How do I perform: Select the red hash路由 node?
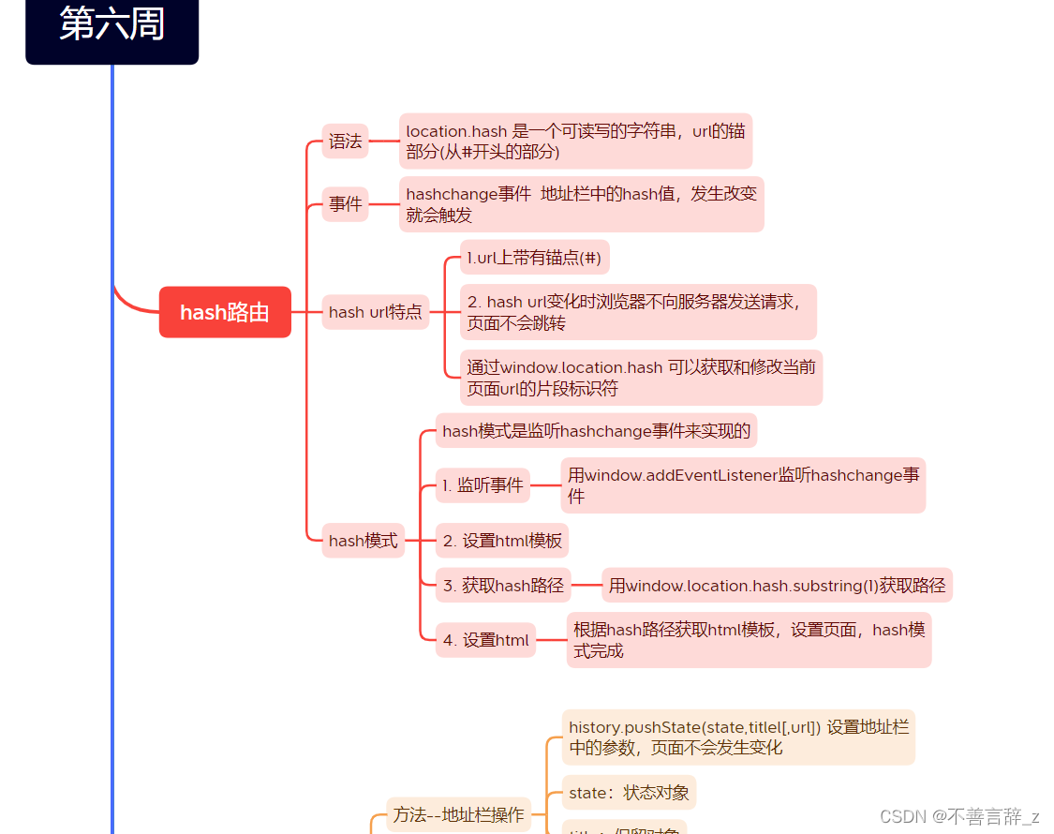pos(225,312)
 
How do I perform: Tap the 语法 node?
pos(345,141)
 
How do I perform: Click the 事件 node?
pos(345,203)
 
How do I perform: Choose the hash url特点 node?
pos(375,312)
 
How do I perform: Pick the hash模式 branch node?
pos(363,541)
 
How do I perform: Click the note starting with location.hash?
pos(575,141)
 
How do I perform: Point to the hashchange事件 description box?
pos(581,204)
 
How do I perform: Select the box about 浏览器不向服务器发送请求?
pos(638,312)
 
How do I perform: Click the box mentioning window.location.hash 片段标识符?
pos(641,378)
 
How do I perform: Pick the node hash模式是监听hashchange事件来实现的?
pos(596,431)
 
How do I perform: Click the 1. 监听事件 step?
pos(482,485)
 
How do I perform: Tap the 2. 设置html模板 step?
pos(502,541)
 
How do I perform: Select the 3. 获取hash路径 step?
pos(503,586)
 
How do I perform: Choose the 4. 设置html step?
pos(485,641)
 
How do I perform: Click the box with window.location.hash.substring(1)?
pos(777,586)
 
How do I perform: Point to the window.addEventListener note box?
pos(743,485)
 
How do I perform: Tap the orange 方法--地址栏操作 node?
pos(458,815)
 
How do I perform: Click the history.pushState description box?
pos(738,737)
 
